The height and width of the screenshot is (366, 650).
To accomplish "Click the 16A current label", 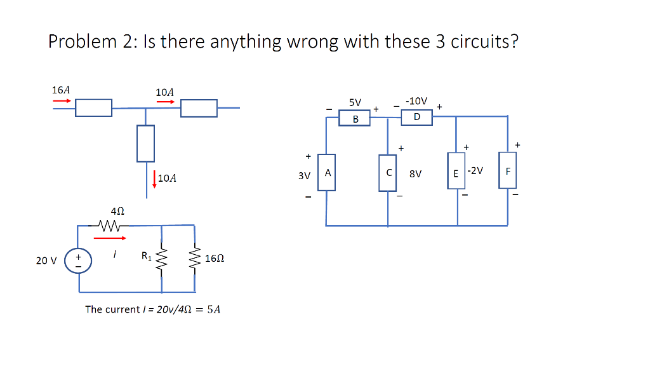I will coord(61,90).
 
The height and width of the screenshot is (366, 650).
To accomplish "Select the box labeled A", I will coord(327,172).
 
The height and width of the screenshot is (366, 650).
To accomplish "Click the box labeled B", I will coord(355,119).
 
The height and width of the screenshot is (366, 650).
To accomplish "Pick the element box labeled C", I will coord(388,172).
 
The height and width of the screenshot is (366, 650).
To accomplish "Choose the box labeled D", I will coord(416,117).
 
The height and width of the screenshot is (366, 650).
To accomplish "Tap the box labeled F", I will coord(507,170).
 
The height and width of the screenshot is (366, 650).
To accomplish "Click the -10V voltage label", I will coord(416,101).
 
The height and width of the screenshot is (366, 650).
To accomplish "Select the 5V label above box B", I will coord(355,102).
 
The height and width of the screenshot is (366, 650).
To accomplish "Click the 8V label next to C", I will coord(416,173).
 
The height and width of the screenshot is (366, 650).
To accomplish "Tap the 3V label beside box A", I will coord(304,175).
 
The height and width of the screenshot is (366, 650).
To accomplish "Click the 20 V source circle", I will coord(79,261).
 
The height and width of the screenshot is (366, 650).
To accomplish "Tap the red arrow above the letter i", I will coord(110,238).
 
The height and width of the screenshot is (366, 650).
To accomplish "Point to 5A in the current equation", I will coord(214,309).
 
